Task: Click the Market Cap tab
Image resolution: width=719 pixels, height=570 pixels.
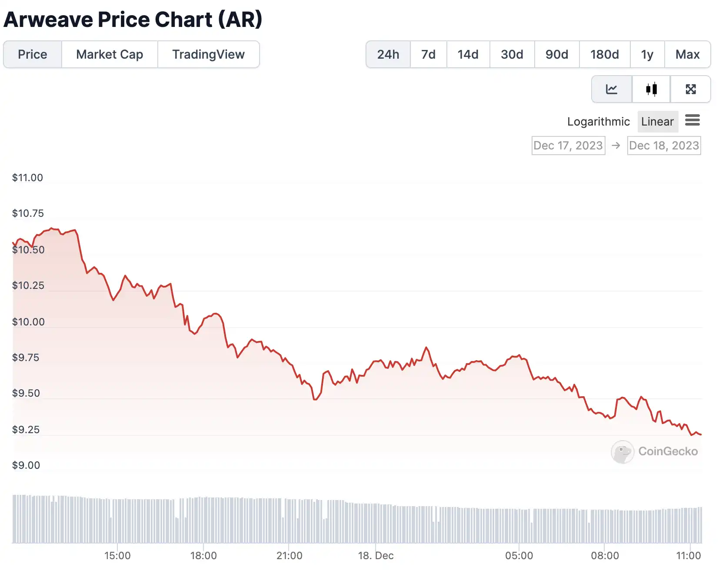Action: pos(110,54)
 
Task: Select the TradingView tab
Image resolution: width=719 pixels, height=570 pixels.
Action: pos(208,54)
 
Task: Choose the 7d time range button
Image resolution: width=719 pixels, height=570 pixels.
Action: pos(428,54)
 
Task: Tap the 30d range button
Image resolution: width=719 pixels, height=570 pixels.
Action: pos(512,54)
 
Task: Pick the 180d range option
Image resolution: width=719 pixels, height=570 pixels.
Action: pos(604,54)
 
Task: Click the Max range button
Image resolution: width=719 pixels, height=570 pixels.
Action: pos(687,54)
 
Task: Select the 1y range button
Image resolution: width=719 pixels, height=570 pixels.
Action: pos(647,54)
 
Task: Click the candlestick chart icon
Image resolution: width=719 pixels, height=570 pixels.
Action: pos(651,89)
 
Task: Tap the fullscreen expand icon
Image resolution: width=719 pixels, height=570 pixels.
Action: pos(690,89)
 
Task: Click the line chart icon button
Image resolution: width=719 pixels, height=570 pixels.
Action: pos(612,89)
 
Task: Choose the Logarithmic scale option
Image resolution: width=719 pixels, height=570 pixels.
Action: pos(598,122)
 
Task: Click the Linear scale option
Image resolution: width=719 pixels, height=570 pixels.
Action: pos(657,122)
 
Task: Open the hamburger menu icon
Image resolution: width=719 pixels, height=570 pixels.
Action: pos(692,120)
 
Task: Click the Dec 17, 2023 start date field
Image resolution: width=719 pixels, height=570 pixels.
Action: pos(568,146)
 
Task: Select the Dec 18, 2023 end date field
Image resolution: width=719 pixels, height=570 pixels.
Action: pos(664,146)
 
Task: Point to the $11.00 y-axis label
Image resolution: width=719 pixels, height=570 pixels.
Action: pos(27,178)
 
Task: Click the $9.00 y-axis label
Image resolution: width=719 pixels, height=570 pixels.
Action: pos(26,465)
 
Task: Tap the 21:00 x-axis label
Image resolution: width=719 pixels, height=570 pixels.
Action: pos(290,556)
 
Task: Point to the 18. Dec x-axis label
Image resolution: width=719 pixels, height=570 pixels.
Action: pos(376,556)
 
